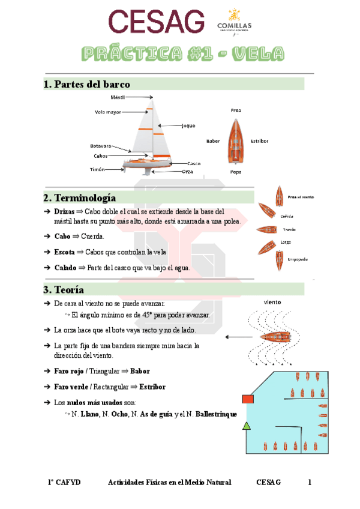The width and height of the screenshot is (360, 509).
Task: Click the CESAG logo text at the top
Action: [x=155, y=23]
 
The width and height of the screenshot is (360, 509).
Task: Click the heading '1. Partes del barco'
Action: [x=86, y=84]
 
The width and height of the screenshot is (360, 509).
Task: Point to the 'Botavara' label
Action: [x=101, y=146]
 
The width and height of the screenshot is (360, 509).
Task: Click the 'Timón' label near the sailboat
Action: [x=97, y=169]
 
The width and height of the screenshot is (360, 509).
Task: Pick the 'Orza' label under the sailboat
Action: [x=188, y=171]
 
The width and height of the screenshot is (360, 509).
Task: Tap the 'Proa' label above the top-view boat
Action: [x=236, y=110]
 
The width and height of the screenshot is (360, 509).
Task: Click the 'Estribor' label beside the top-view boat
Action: [x=259, y=140]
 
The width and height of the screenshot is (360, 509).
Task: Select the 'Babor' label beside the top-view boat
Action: [x=213, y=140]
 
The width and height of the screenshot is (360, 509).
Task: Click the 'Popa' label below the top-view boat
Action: [x=236, y=172]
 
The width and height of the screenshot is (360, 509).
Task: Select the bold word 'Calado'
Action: [x=65, y=268]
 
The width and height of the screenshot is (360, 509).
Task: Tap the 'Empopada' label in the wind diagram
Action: [x=298, y=259]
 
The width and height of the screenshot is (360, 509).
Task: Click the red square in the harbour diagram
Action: [x=247, y=399]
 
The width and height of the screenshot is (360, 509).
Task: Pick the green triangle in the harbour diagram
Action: [x=245, y=426]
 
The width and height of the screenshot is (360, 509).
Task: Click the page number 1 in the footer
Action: [x=310, y=482]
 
